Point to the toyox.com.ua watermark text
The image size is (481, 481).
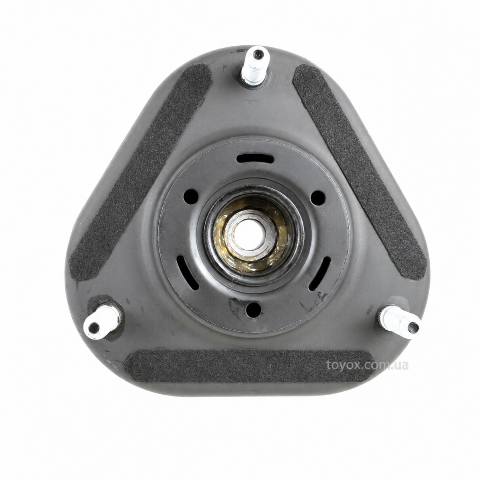pyautogui.click(x=367, y=365)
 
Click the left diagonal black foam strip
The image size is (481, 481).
pyautogui.click(x=140, y=172)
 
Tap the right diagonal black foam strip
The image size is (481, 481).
pyautogui.click(x=360, y=172)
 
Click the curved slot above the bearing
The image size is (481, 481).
pyautogui.click(x=255, y=158)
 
